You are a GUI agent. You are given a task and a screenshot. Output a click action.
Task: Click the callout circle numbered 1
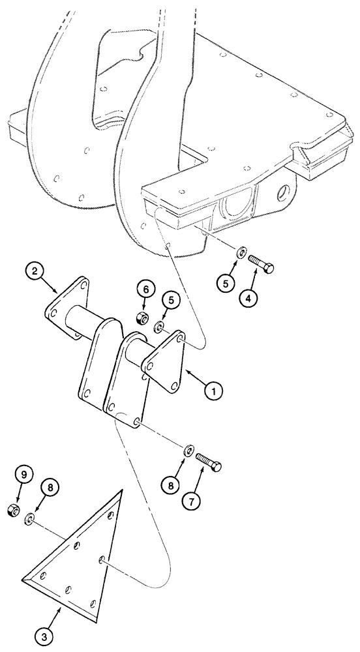pos(213,391)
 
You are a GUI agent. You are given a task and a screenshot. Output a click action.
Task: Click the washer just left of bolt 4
pos(241,253)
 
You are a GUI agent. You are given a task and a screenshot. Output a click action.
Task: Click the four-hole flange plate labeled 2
pos(67,306)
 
